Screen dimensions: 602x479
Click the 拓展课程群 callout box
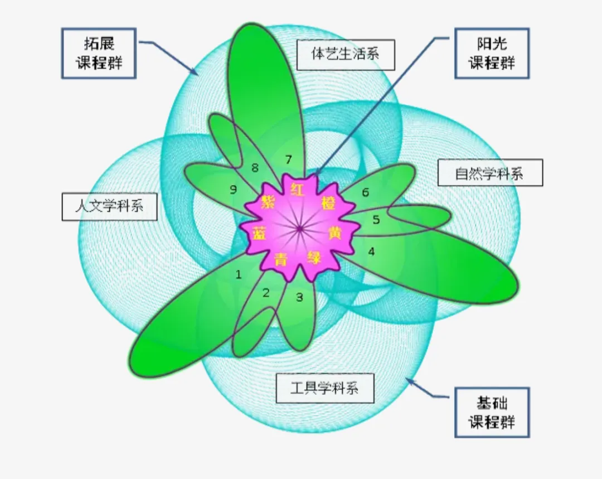click(x=99, y=54)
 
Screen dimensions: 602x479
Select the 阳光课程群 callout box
click(x=492, y=54)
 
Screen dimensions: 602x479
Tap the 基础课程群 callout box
click(x=492, y=413)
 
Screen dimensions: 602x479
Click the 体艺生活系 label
click(x=346, y=54)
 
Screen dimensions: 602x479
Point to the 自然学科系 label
click(x=490, y=173)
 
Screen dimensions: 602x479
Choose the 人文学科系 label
click(x=109, y=206)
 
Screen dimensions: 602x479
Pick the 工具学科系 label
click(x=324, y=387)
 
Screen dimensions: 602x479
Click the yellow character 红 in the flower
click(x=297, y=190)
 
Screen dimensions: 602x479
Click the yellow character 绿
click(x=314, y=258)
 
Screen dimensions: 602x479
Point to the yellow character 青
click(x=281, y=259)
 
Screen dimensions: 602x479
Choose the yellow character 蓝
click(x=258, y=233)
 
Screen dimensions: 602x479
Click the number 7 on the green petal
click(x=288, y=159)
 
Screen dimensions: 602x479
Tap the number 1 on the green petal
click(x=239, y=274)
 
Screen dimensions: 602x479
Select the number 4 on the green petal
click(x=371, y=251)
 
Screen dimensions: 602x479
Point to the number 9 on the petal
click(x=233, y=190)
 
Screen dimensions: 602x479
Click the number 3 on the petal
click(x=299, y=297)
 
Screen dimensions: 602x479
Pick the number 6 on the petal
click(x=365, y=192)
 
